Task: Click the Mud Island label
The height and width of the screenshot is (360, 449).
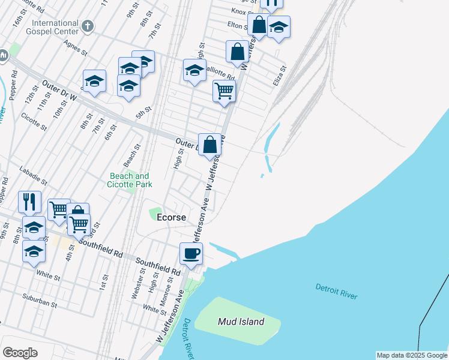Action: (x=241, y=322)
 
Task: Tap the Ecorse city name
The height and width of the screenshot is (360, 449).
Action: (x=170, y=217)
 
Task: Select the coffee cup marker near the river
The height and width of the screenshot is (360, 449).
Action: (x=191, y=253)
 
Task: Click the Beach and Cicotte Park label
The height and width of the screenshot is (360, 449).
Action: (x=129, y=180)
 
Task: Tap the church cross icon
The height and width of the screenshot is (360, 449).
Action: (x=88, y=26)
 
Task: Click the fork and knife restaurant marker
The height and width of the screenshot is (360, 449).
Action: (x=29, y=202)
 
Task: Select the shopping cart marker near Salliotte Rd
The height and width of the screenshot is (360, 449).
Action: (x=224, y=91)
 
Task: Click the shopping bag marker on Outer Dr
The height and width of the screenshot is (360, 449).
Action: (x=210, y=145)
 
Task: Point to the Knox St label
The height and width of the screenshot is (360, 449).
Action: (x=239, y=11)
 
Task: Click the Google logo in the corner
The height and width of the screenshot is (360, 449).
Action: (x=20, y=353)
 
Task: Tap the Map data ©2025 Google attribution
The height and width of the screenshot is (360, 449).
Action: (x=412, y=355)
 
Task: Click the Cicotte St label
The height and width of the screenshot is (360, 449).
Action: (x=34, y=121)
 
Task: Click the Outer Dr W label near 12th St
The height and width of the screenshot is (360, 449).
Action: (x=59, y=92)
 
